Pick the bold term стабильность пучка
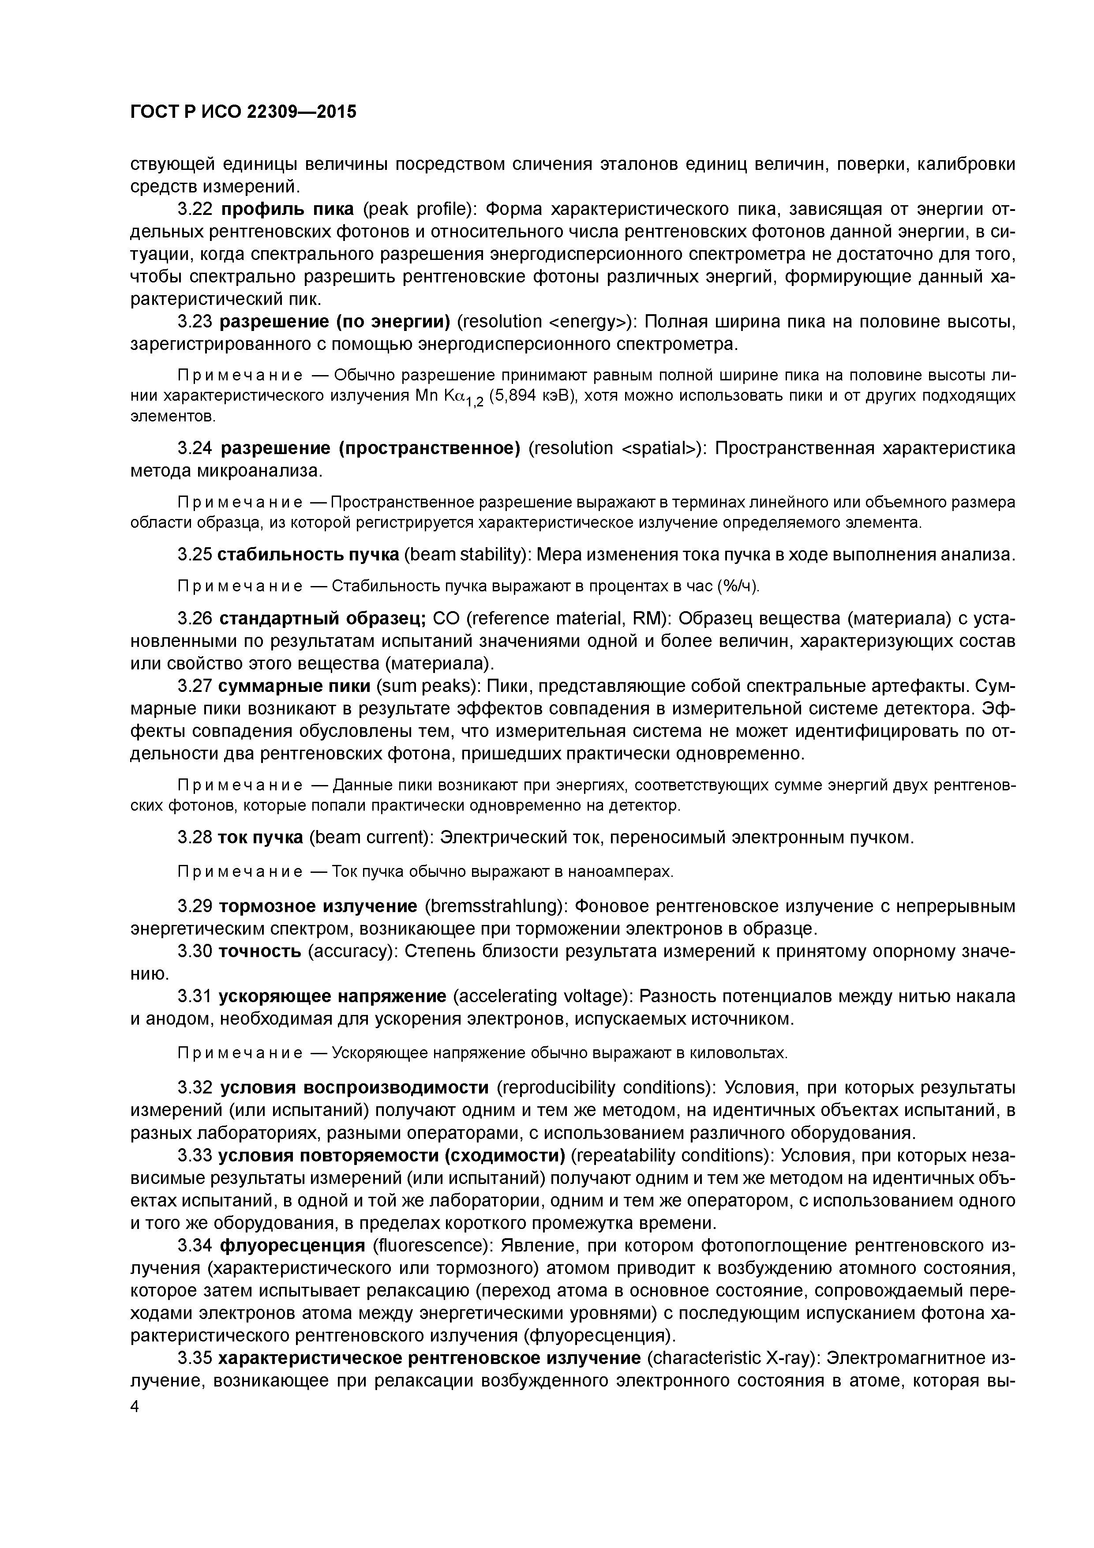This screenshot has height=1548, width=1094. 308,554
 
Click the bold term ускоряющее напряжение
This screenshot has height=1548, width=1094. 332,996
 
